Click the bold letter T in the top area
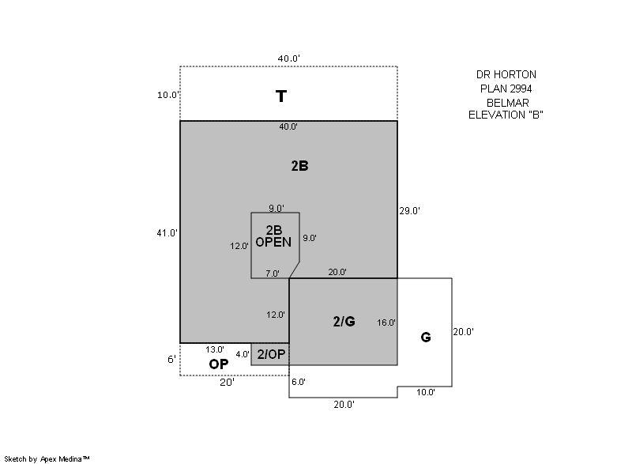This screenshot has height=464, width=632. click(x=281, y=96)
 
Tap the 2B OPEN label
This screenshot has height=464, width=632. click(x=273, y=236)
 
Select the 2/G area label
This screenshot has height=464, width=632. click(x=344, y=321)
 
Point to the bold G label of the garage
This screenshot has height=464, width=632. click(x=426, y=337)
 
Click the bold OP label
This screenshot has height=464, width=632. click(x=219, y=364)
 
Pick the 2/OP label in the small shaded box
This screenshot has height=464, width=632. click(x=271, y=354)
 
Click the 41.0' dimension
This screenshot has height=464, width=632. click(x=167, y=233)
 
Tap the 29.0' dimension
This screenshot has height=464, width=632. click(x=409, y=211)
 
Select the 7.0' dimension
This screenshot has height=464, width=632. click(x=273, y=273)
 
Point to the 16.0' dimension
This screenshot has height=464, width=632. click(x=386, y=323)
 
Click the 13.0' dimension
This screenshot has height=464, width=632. click(x=215, y=349)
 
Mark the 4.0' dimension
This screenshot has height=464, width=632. click(x=243, y=354)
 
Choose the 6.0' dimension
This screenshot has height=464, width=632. click(x=299, y=382)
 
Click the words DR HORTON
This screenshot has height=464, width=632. click(x=506, y=74)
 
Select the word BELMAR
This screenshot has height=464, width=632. click(x=508, y=103)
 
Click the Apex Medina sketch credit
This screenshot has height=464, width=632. click(x=47, y=458)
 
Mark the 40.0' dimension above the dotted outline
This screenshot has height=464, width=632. click(x=288, y=58)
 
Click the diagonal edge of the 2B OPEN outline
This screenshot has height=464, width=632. click(x=294, y=270)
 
